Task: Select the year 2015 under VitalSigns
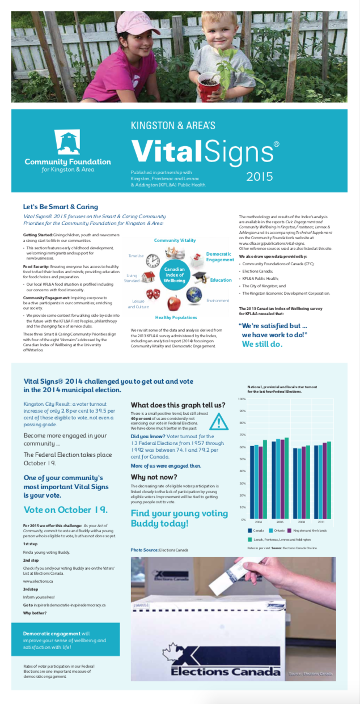click(260, 176)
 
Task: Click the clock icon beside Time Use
click(153, 261)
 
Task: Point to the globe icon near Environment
click(194, 294)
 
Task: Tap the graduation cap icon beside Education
click(200, 277)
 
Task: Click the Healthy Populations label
click(176, 317)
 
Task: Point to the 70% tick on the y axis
click(243, 435)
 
